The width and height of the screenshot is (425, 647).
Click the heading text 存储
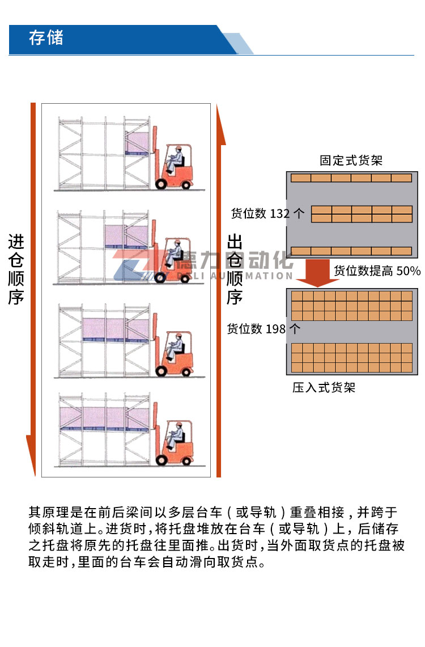pyautogui.click(x=46, y=37)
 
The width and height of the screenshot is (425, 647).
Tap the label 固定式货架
pyautogui.click(x=351, y=160)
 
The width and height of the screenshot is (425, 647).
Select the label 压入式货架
pyautogui.click(x=324, y=387)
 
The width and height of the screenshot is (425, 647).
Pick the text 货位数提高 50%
pyautogui.click(x=377, y=270)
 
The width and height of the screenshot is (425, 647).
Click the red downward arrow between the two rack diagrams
pyautogui.click(x=317, y=272)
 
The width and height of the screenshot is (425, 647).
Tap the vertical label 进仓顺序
pyautogui.click(x=16, y=269)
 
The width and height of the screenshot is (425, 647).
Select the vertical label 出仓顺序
pyautogui.click(x=235, y=269)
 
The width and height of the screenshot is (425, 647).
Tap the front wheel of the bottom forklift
pyautogui.click(x=161, y=460)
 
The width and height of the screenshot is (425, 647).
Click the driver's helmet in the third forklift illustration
pyautogui.click(x=178, y=336)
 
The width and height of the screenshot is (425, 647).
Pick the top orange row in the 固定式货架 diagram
pyautogui.click(x=351, y=178)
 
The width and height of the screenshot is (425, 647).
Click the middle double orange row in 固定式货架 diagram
pyautogui.click(x=362, y=214)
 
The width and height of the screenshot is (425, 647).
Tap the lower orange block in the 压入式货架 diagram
pyautogui.click(x=352, y=358)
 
